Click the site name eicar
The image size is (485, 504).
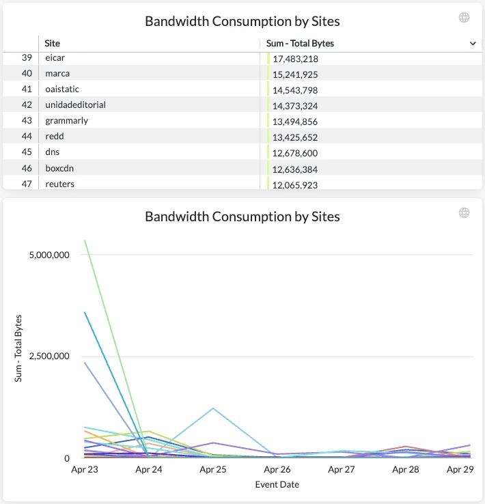click(55, 58)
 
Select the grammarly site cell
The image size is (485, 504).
click(66, 121)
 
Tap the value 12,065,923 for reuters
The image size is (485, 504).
click(295, 185)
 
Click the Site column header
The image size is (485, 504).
click(52, 43)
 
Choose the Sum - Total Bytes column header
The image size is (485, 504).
click(300, 43)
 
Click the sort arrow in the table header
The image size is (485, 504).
click(473, 43)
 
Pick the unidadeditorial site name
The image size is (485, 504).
click(75, 105)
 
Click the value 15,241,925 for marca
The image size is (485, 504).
click(295, 74)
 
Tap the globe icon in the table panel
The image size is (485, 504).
click(465, 18)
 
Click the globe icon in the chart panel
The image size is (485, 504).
click(465, 213)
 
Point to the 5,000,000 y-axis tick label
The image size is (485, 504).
click(48, 255)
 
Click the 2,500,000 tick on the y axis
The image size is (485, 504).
click(48, 356)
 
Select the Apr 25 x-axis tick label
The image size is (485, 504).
click(213, 470)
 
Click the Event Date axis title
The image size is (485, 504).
click(277, 484)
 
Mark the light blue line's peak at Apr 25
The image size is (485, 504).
click(213, 408)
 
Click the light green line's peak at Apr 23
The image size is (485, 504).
click(85, 240)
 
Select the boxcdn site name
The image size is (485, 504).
click(62, 169)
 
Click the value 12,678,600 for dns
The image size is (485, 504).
click(295, 153)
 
